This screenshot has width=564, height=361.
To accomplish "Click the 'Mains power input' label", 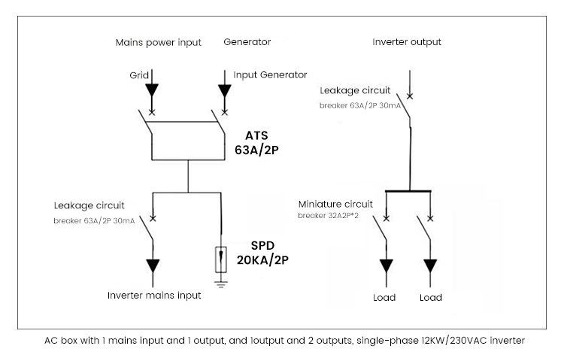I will [x=158, y=42].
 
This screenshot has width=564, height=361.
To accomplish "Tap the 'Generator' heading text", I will [x=247, y=42].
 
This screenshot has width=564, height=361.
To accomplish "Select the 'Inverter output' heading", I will [x=407, y=42].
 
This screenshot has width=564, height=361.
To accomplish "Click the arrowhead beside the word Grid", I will [x=153, y=90].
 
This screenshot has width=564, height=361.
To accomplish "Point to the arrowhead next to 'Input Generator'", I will [x=224, y=90].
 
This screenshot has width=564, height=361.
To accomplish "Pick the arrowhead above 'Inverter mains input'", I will [x=153, y=265].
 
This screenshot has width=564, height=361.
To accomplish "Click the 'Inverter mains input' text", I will [x=154, y=296].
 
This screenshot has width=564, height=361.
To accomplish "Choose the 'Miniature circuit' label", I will [x=335, y=204].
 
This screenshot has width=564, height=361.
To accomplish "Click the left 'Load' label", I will [x=384, y=297].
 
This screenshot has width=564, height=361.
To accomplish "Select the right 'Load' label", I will [x=431, y=297].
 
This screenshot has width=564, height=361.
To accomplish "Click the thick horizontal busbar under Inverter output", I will [x=410, y=192].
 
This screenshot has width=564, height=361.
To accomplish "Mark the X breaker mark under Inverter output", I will [x=409, y=96].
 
